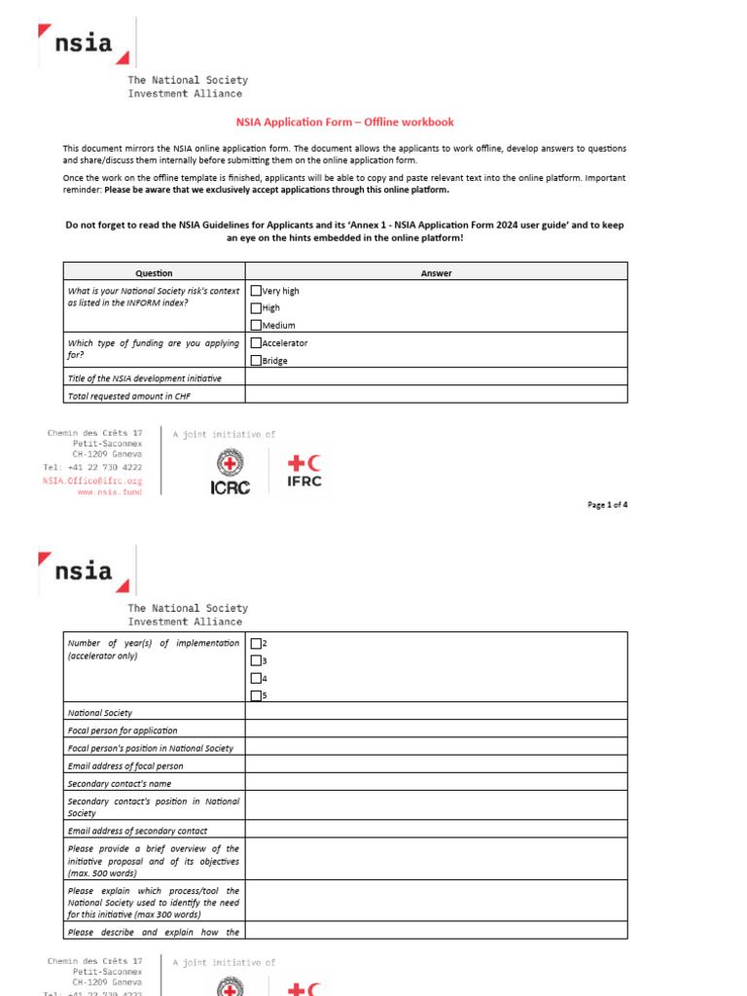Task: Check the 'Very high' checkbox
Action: coord(256,290)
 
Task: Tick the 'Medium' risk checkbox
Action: coord(256,325)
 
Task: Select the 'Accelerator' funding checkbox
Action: coord(256,342)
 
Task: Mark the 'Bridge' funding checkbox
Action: coord(256,360)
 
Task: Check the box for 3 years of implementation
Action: coord(256,660)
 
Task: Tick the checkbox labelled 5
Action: coord(256,695)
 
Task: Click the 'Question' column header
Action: coord(154,273)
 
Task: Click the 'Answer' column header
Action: coord(436,273)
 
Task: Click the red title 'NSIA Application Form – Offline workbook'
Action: coord(345,123)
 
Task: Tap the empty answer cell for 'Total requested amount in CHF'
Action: coord(436,395)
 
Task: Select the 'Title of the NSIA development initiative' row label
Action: coord(144,377)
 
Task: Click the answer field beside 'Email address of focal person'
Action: coord(436,765)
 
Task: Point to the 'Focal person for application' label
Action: coord(123,730)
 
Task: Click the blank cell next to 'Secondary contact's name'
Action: coord(436,783)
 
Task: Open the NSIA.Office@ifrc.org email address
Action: coord(92,480)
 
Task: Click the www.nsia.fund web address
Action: coord(109,492)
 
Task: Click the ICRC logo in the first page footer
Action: coord(231,472)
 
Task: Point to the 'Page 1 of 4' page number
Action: coord(608,505)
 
